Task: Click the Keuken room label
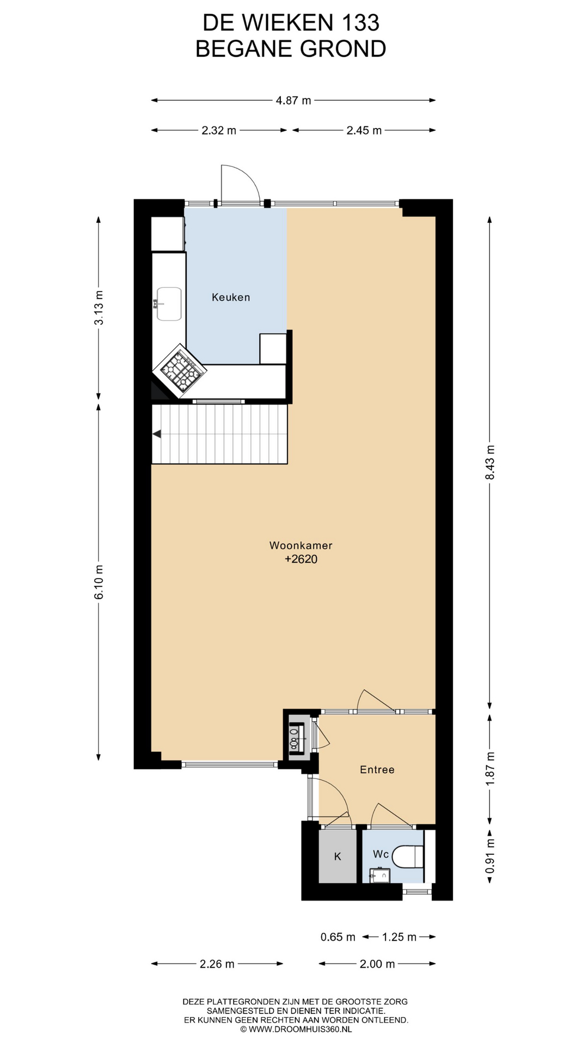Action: (231, 297)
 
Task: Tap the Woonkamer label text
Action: (301, 545)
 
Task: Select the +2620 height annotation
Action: (301, 560)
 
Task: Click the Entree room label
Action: (377, 770)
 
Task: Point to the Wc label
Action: (381, 854)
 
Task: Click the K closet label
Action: (338, 856)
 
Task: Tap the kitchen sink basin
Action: (169, 304)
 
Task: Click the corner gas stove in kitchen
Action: (180, 370)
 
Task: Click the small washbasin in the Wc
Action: (380, 877)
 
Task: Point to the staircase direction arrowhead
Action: (157, 434)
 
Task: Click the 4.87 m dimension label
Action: (293, 100)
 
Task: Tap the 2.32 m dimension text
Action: (219, 130)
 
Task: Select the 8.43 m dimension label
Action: (490, 463)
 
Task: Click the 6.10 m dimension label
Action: (99, 582)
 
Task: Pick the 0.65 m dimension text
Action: (338, 937)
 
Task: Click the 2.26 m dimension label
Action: (217, 964)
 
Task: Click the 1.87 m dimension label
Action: (490, 769)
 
